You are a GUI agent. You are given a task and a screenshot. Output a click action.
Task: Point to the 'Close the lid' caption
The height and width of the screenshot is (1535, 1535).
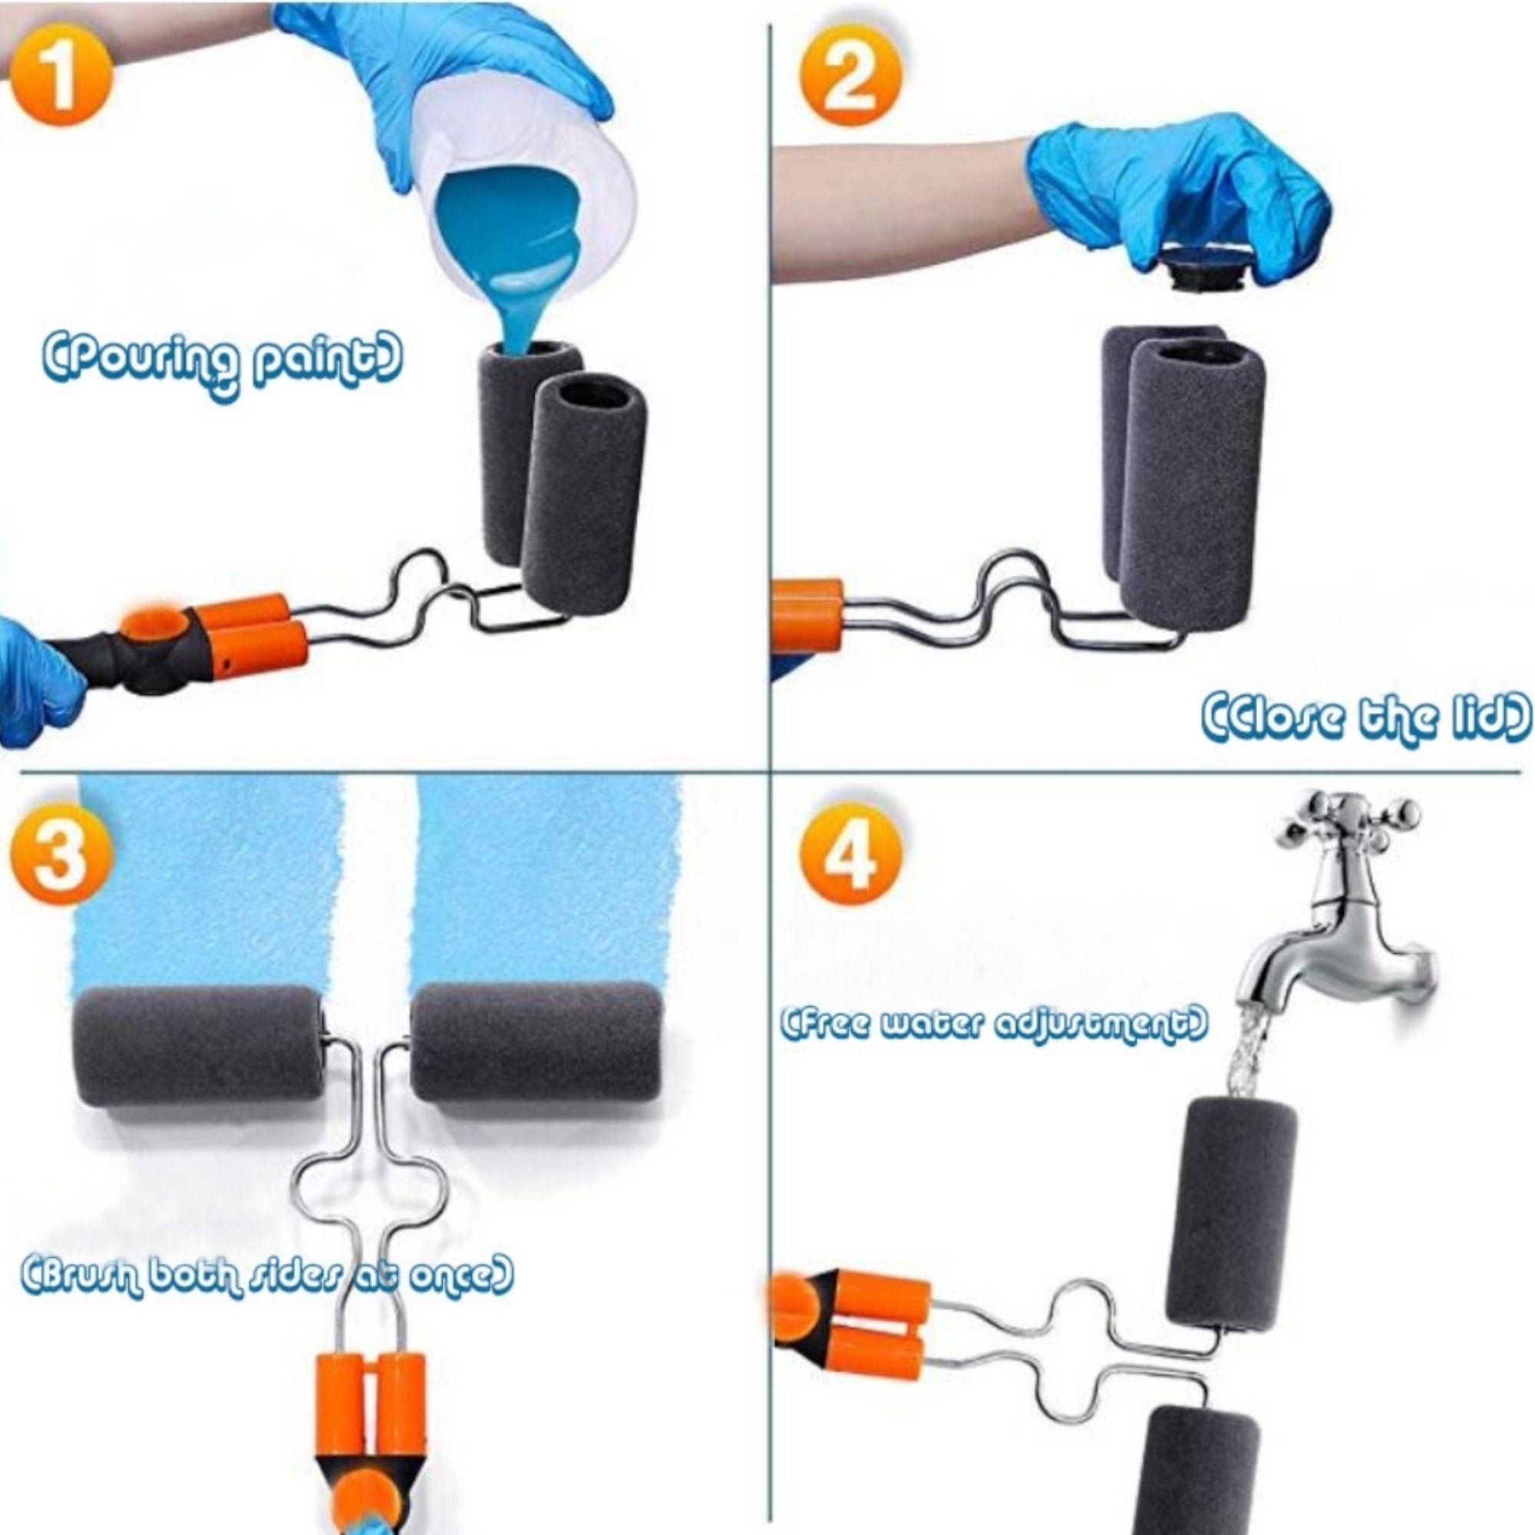[1365, 718]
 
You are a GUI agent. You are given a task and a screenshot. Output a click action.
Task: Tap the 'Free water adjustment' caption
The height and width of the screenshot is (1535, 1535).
[994, 1025]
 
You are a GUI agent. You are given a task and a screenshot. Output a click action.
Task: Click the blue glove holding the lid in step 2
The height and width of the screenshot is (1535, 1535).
[1176, 199]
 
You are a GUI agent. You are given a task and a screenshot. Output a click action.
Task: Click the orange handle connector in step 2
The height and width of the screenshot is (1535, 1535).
[807, 616]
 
